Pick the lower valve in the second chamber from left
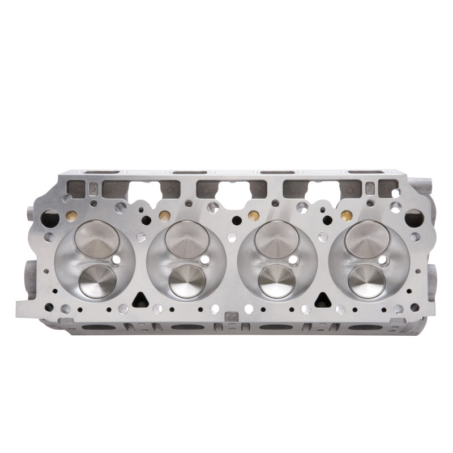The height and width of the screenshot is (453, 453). tap(187, 280)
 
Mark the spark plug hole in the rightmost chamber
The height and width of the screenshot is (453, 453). tap(383, 260)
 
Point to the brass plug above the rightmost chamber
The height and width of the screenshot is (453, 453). tap(344, 215)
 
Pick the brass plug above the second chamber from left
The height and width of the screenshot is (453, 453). tap(164, 215)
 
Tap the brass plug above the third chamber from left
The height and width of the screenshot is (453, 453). tap(253, 215)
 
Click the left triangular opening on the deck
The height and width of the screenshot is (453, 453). tap(141, 299)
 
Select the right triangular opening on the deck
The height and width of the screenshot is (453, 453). tap(321, 299)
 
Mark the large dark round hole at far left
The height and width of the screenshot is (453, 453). tap(50, 216)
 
